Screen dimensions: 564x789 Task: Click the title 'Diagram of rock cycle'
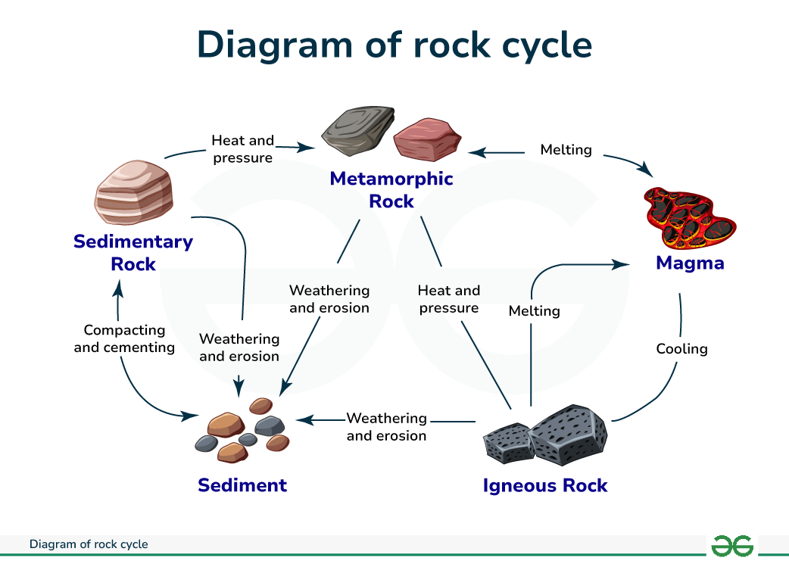[394, 45]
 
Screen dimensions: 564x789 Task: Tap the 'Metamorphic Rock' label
[391, 190]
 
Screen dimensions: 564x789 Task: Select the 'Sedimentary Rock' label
[133, 253]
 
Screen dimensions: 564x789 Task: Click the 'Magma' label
[690, 263]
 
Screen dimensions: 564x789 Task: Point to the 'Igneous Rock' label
[545, 485]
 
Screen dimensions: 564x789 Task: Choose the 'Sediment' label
[242, 485]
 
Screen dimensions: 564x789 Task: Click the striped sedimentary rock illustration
[134, 193]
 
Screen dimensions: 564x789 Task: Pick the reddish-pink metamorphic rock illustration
[427, 139]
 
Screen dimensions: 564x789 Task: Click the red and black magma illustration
[689, 218]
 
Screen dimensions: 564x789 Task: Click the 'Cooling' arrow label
[681, 349]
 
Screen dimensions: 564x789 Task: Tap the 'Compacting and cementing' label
[124, 339]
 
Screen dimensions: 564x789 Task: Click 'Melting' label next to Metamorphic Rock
[566, 150]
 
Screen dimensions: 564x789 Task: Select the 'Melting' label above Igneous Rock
[534, 311]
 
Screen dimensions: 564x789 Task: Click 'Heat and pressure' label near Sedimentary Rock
[242, 149]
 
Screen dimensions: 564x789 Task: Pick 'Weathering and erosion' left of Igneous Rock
[386, 427]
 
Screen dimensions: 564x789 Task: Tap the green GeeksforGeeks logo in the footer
[732, 545]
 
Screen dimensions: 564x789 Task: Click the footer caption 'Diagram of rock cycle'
[89, 544]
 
